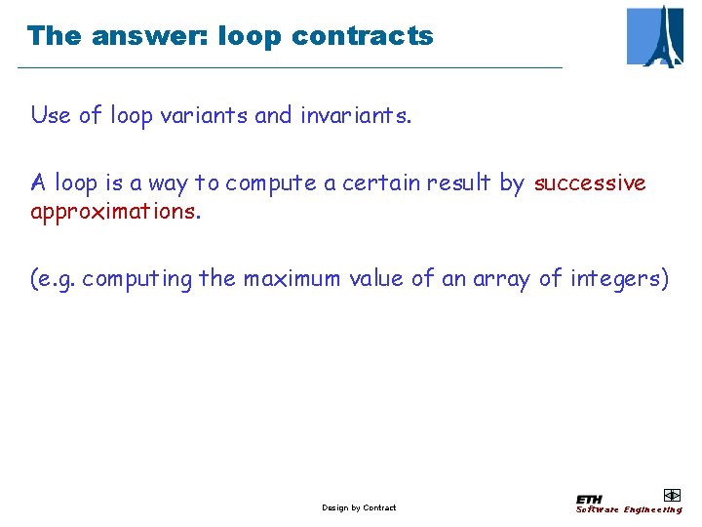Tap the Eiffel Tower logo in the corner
[x=654, y=36]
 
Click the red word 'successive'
[x=590, y=182]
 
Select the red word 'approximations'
[x=113, y=212]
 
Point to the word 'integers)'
[x=620, y=279]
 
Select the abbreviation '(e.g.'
[x=54, y=279]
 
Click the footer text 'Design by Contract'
[x=359, y=507]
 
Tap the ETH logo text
[x=589, y=499]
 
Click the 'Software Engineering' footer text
[x=629, y=509]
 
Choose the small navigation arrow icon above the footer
[x=671, y=495]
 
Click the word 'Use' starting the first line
[x=51, y=115]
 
